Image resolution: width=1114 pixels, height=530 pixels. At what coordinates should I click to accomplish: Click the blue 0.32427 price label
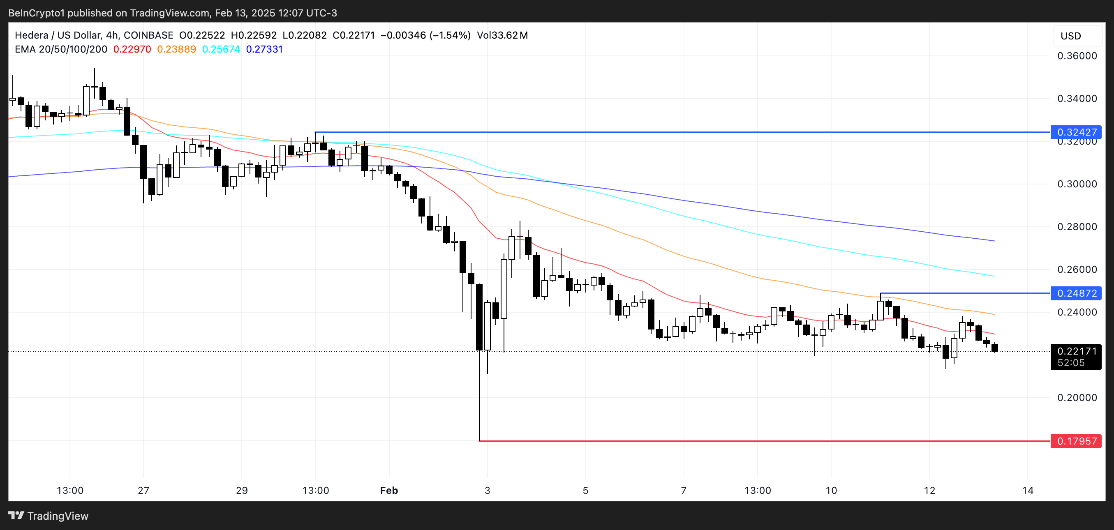point(1076,132)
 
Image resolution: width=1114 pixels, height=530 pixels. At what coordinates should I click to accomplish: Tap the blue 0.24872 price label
point(1076,293)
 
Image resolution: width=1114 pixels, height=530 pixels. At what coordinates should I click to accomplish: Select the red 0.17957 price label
point(1076,441)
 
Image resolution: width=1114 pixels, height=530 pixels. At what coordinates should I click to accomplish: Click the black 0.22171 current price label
point(1076,351)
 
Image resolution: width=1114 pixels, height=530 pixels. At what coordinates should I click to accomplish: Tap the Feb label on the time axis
point(389,490)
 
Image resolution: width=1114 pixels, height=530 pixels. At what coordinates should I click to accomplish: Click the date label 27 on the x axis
point(143,490)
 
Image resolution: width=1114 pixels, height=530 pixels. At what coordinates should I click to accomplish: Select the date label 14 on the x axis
point(1028,490)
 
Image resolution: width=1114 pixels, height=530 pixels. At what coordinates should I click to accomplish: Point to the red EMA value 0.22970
point(132,49)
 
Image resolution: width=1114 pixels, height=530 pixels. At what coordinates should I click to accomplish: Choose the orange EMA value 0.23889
point(176,49)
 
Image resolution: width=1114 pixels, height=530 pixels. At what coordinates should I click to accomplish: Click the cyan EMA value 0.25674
point(221,49)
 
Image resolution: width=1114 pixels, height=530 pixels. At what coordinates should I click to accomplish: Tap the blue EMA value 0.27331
point(264,49)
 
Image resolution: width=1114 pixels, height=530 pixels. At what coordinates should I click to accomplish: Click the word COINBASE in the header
point(148,35)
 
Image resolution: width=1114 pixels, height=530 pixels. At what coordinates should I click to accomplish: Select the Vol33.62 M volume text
point(502,35)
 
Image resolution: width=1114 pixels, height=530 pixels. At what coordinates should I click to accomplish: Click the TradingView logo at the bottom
point(49,516)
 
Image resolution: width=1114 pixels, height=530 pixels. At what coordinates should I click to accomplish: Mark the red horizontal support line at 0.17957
point(735,441)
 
